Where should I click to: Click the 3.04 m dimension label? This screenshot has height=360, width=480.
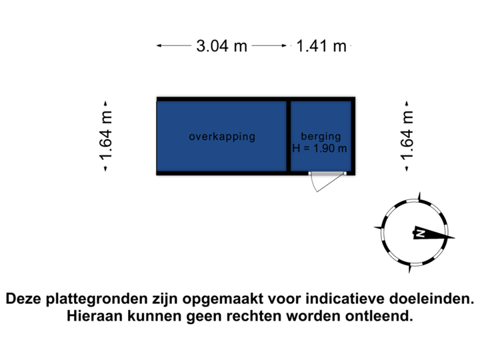222,46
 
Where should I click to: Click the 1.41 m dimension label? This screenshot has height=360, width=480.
321,46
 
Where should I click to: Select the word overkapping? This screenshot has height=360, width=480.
222,137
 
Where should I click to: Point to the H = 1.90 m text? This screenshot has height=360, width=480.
320,148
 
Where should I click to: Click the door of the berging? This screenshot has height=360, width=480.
327,174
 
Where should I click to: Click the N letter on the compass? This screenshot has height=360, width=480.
421,233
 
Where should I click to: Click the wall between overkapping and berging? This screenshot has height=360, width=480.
288,136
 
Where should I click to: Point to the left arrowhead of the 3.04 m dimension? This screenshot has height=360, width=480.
159,46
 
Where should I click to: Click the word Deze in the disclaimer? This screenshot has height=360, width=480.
25,299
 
